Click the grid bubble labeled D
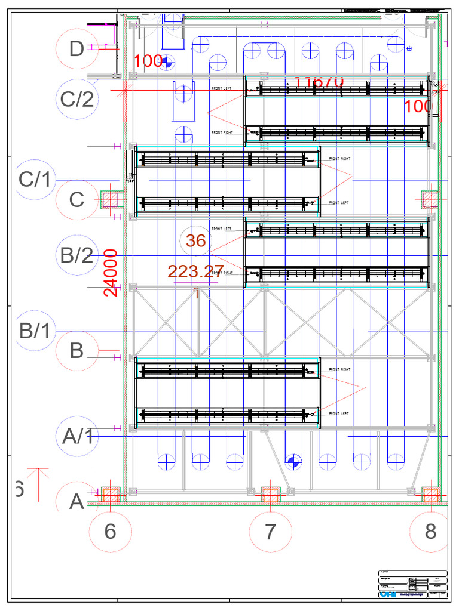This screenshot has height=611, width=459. (x=76, y=49)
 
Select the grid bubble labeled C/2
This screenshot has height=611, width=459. (x=78, y=98)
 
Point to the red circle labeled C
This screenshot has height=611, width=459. (x=76, y=200)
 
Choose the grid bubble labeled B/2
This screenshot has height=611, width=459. (x=78, y=256)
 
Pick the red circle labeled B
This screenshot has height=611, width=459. (x=76, y=351)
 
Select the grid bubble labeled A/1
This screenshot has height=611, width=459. (x=78, y=436)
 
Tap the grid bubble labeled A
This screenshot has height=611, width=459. (x=76, y=502)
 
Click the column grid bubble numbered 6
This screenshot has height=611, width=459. (x=110, y=531)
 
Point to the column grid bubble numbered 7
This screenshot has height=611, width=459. (x=270, y=531)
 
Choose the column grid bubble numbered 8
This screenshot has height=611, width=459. (x=430, y=531)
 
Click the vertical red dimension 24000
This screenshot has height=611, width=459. (x=111, y=273)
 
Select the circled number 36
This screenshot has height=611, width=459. (x=196, y=241)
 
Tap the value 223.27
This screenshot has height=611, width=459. (x=195, y=272)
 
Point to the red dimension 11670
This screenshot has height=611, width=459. (x=319, y=82)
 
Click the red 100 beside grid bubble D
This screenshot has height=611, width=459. (x=148, y=61)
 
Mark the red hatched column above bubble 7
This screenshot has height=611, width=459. (x=271, y=495)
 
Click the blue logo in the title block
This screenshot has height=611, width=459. (x=387, y=594)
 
